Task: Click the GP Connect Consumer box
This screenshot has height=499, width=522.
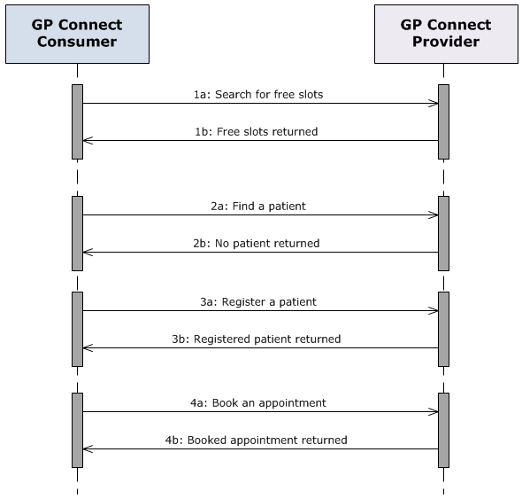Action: point(77,34)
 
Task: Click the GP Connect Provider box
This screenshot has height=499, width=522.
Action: point(445,34)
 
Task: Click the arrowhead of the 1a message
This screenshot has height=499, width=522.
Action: point(434,104)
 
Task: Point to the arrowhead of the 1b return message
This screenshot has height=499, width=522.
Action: point(88,141)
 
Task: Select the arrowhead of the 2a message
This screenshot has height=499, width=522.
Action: point(434,215)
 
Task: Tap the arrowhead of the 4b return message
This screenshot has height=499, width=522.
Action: point(88,449)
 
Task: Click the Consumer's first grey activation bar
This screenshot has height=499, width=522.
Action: point(77,121)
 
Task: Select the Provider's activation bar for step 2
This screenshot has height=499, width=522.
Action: point(443,233)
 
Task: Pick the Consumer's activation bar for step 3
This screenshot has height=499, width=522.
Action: point(77,329)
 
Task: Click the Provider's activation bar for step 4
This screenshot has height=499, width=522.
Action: point(443,430)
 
